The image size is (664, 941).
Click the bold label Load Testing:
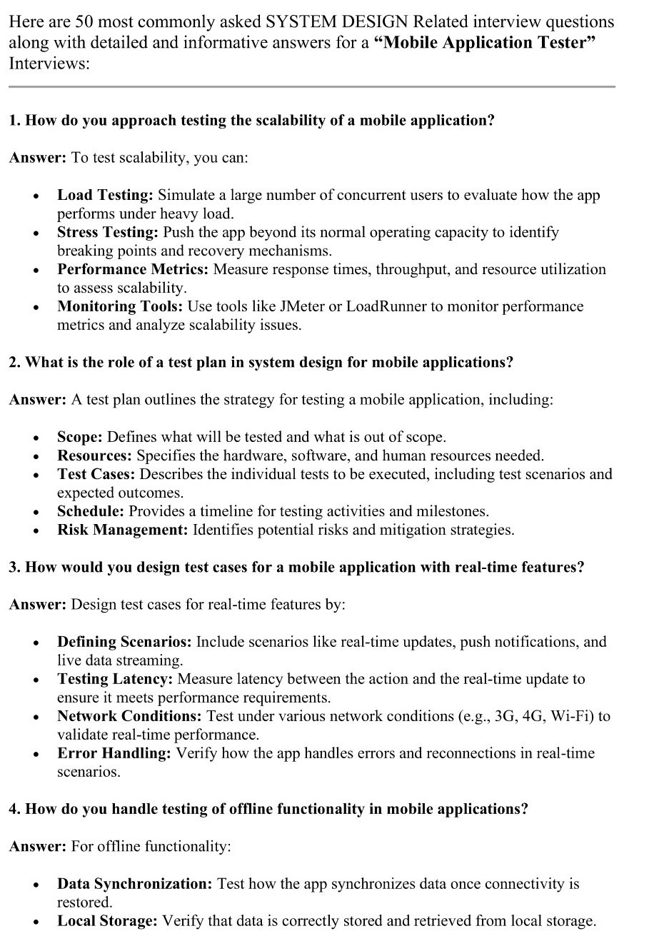pyautogui.click(x=105, y=195)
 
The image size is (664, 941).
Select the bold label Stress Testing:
pyautogui.click(x=108, y=232)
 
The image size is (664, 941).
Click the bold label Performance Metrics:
pyautogui.click(x=133, y=269)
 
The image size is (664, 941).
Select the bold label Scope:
pyautogui.click(x=80, y=437)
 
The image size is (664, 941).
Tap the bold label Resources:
pyautogui.click(x=95, y=456)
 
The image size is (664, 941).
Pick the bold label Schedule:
pyautogui.click(x=91, y=511)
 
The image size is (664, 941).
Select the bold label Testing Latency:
pyautogui.click(x=115, y=679)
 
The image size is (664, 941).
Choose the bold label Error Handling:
pyautogui.click(x=114, y=753)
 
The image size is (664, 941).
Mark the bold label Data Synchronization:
pyautogui.click(x=135, y=884)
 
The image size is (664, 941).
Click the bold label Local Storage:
pyautogui.click(x=107, y=921)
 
